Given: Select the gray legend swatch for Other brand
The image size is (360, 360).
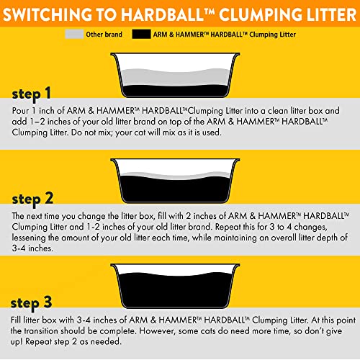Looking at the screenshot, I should [x=73, y=34].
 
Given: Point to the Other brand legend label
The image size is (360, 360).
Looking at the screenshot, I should [x=104, y=34].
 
